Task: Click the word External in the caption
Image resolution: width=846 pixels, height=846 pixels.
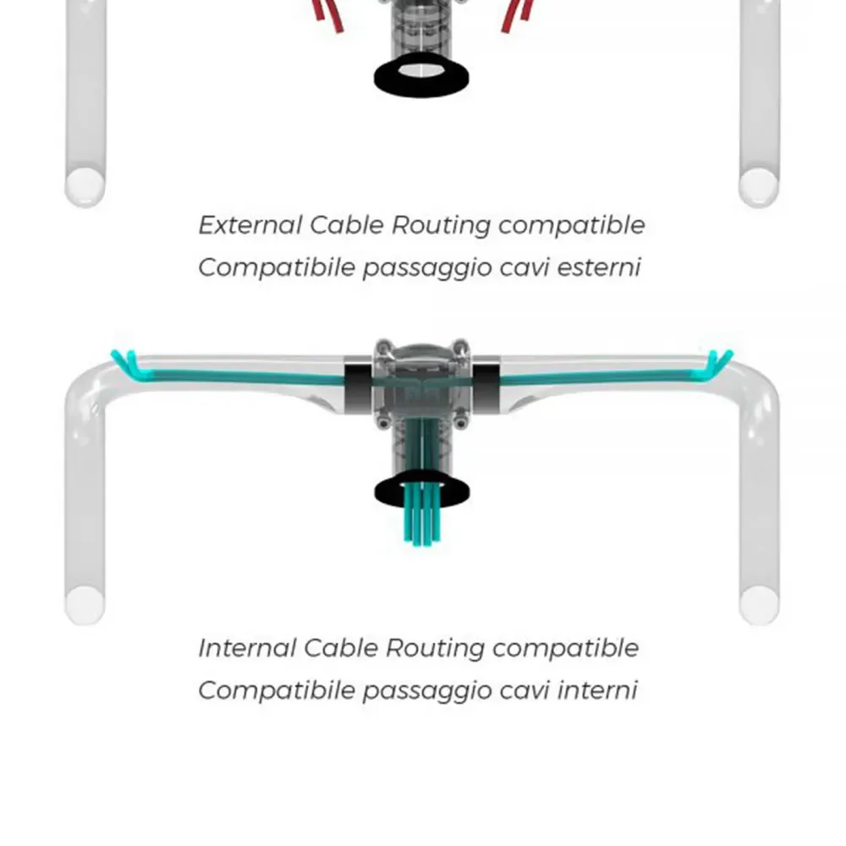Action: pyautogui.click(x=250, y=225)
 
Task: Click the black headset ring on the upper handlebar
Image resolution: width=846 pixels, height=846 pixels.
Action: pyautogui.click(x=421, y=75)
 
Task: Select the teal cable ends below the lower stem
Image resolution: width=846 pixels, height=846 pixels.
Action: pyautogui.click(x=422, y=524)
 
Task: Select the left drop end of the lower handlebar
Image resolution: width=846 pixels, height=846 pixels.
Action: pyautogui.click(x=85, y=605)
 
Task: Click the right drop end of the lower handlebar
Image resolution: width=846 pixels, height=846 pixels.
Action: pyautogui.click(x=759, y=605)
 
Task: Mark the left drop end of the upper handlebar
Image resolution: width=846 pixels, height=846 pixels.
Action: pyautogui.click(x=85, y=186)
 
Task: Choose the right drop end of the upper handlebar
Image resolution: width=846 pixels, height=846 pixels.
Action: pyautogui.click(x=758, y=186)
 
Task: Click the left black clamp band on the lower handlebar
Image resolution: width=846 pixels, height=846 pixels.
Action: pyautogui.click(x=358, y=387)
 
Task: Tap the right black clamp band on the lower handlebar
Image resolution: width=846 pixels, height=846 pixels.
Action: pyautogui.click(x=486, y=387)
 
